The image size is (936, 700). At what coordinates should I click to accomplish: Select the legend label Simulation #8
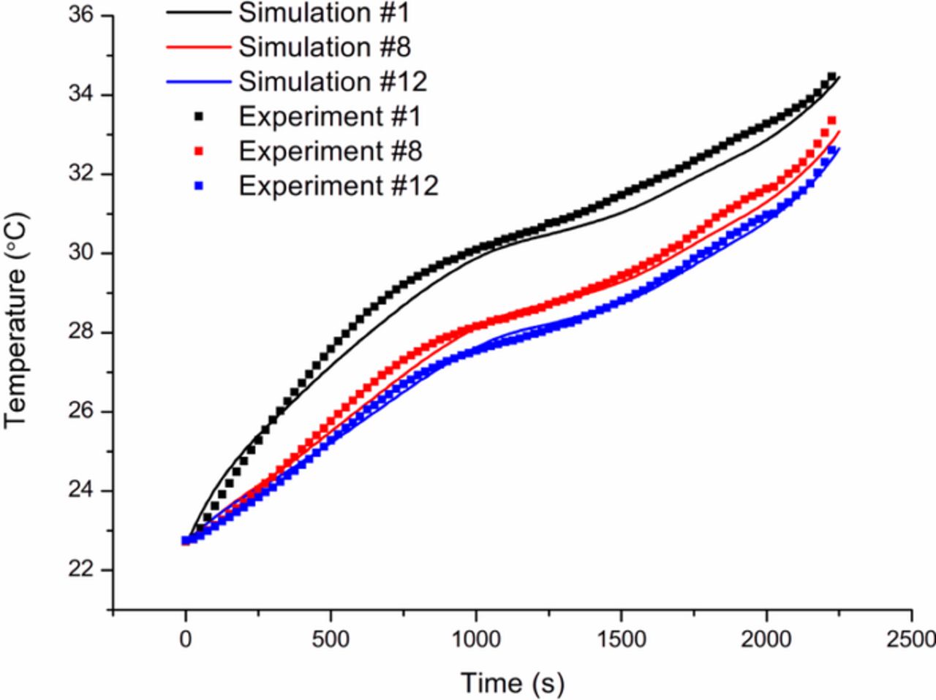[x=325, y=47]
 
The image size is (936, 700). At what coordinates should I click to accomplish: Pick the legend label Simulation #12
[x=333, y=81]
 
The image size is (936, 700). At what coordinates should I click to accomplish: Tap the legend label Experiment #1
[x=330, y=116]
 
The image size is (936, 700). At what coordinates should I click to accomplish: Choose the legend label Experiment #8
[x=330, y=151]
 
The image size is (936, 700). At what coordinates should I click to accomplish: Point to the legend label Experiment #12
[x=338, y=186]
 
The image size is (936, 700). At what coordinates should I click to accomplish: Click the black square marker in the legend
[x=199, y=117]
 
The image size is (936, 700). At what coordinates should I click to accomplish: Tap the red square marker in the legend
[x=199, y=151]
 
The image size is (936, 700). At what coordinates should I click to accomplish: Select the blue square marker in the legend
[x=199, y=186]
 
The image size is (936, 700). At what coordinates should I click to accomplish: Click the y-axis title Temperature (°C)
[x=15, y=320]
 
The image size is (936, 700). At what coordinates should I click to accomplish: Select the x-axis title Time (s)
[x=513, y=683]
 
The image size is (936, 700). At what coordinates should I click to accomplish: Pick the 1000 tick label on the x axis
[x=476, y=639]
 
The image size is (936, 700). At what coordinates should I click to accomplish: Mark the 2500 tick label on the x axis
[x=910, y=639]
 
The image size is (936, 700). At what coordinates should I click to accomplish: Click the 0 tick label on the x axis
[x=186, y=639]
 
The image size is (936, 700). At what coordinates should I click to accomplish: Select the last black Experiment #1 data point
[x=831, y=76]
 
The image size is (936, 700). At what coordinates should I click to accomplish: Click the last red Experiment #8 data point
[x=831, y=121]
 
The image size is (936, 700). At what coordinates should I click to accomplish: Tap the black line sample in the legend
[x=199, y=12]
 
